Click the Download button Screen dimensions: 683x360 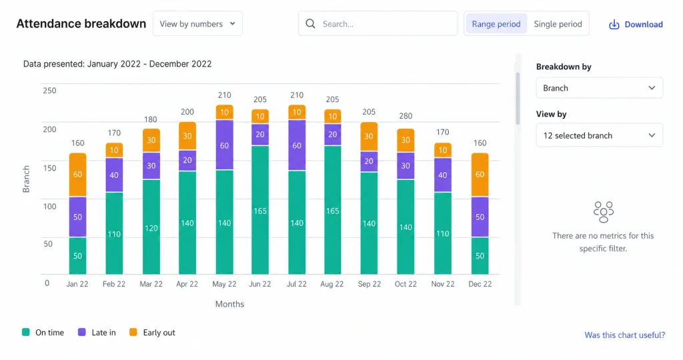(x=636, y=25)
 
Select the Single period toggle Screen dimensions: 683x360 (x=558, y=24)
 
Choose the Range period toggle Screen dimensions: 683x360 (x=496, y=24)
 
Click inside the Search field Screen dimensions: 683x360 (x=378, y=23)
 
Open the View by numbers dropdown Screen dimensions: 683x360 (x=197, y=23)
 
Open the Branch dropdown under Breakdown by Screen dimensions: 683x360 (x=600, y=88)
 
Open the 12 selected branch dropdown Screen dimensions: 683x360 (x=600, y=135)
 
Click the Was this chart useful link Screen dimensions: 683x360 (x=624, y=335)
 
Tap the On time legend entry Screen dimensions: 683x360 (x=43, y=332)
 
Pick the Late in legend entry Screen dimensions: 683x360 (x=97, y=332)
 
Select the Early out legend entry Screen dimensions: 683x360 (x=152, y=332)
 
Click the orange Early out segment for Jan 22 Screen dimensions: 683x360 (x=77, y=175)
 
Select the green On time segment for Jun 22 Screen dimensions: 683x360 (x=260, y=210)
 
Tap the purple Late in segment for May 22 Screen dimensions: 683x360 (x=224, y=145)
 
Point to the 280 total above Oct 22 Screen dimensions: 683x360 (x=406, y=116)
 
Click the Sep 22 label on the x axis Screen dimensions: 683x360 (x=370, y=284)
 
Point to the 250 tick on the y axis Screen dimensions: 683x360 (x=49, y=91)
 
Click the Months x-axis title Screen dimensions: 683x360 (x=229, y=304)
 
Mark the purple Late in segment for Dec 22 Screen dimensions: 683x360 (x=480, y=217)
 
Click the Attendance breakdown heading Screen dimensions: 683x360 (x=81, y=23)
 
